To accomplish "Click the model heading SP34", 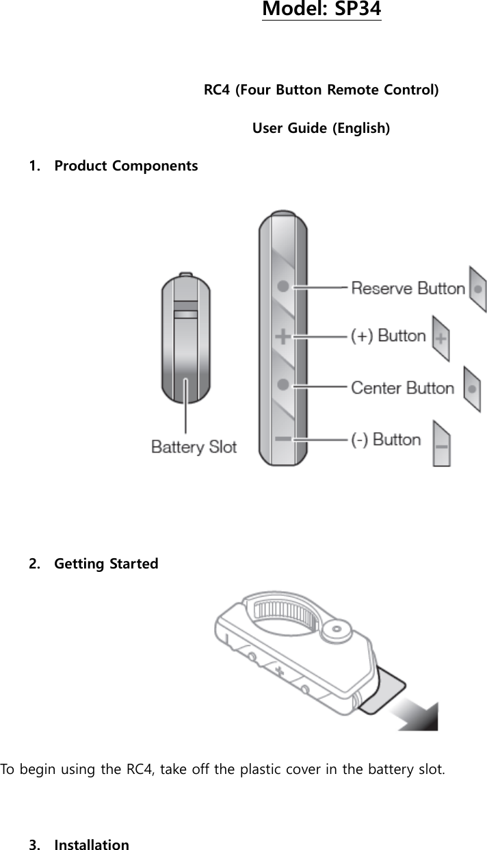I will [321, 10].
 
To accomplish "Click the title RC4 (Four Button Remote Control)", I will [321, 90].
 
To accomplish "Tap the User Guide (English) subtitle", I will [321, 128].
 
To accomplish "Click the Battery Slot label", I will [194, 447].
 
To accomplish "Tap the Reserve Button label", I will [408, 288].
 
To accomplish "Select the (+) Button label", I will [388, 336].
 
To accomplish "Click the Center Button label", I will [402, 388].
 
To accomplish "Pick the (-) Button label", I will [386, 439].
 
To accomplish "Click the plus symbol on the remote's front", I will [282, 336].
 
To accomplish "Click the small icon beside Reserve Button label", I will [477, 289].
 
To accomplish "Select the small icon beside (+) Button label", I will [441, 338].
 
